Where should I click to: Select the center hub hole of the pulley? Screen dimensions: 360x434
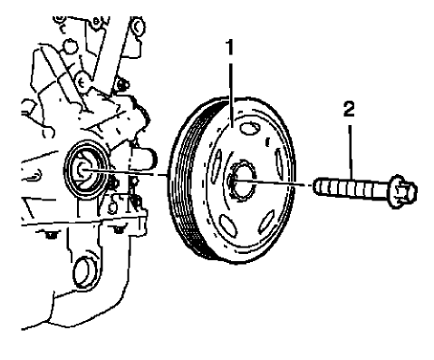pyautogui.click(x=236, y=182)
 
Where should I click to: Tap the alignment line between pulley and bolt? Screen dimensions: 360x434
pyautogui.click(x=290, y=187)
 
